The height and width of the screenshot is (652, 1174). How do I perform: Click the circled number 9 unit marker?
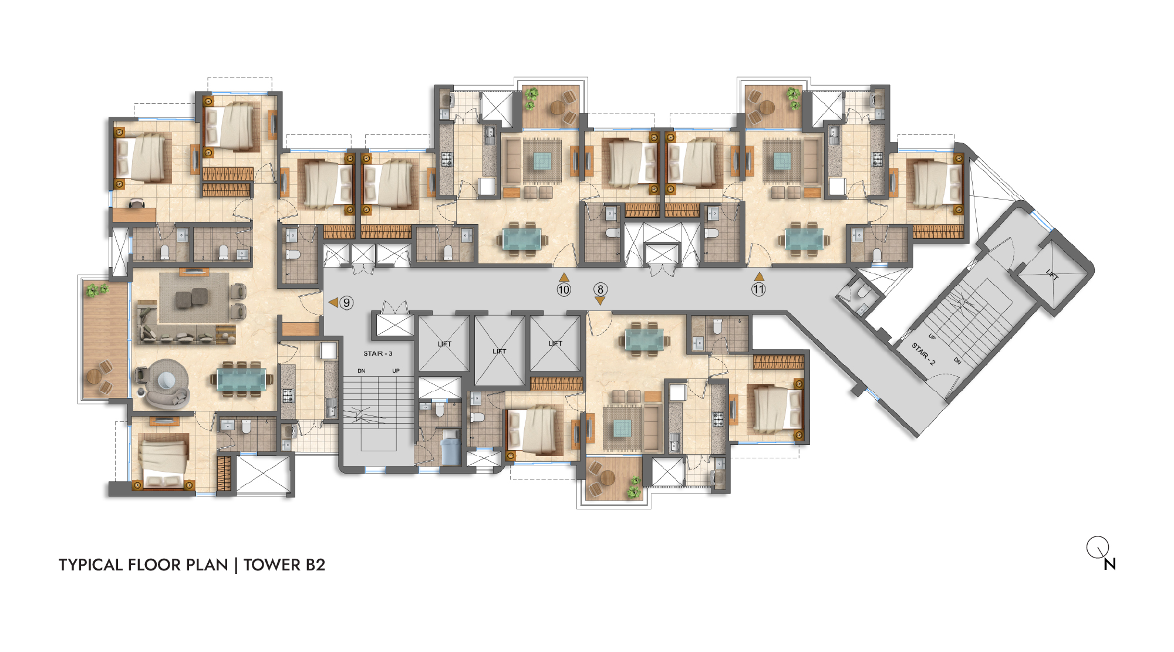click(x=347, y=303)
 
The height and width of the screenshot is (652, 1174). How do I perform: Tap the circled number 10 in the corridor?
click(x=564, y=289)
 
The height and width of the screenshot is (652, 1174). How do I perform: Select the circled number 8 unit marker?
click(x=600, y=289)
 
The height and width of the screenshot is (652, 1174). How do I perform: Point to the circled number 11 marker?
click(x=758, y=289)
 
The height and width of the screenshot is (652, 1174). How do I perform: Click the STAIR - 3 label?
click(x=378, y=354)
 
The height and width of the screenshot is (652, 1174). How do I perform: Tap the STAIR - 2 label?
click(x=923, y=354)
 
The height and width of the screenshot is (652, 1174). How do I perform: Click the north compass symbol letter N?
click(x=1109, y=564)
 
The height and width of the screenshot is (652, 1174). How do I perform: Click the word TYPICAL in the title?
click(x=91, y=565)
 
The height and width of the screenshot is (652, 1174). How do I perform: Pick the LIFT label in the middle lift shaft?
click(x=500, y=351)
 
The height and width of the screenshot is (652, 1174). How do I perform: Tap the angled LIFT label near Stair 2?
click(x=1052, y=274)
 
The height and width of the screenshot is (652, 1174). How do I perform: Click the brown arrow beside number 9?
click(x=333, y=302)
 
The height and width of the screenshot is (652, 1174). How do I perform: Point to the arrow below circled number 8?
click(x=600, y=300)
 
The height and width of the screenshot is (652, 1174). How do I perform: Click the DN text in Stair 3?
click(x=362, y=371)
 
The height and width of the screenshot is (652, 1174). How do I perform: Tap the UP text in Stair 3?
click(x=396, y=371)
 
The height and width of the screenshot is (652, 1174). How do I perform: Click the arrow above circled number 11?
click(x=759, y=276)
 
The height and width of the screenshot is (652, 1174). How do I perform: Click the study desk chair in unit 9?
click(x=136, y=202)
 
